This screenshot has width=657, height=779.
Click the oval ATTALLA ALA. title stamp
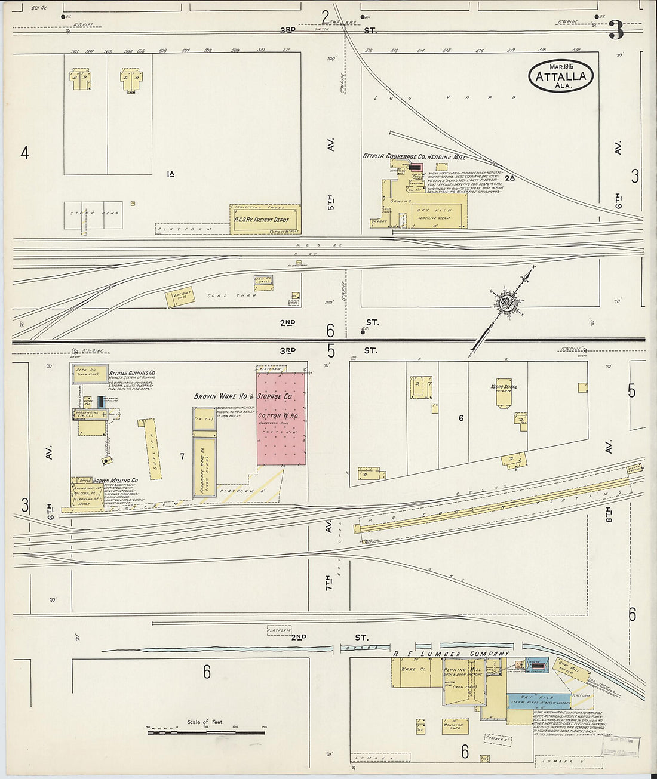[x=561, y=76]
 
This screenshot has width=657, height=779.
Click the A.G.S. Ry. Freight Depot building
[x=265, y=220]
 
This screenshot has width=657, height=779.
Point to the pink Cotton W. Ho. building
[x=281, y=418]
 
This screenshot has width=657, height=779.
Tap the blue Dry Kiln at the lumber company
[x=539, y=701]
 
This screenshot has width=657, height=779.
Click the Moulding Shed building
[x=455, y=725]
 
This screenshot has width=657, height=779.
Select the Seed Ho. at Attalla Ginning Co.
[x=90, y=373]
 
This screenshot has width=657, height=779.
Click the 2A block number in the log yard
[x=509, y=178]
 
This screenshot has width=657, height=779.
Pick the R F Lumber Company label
[x=451, y=653]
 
